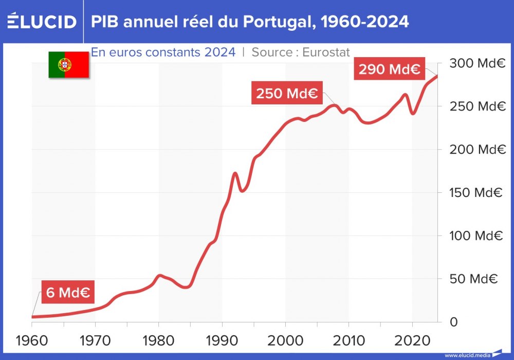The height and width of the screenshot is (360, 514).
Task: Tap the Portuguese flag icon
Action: [x=68, y=65]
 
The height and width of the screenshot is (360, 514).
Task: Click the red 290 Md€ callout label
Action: [x=389, y=69]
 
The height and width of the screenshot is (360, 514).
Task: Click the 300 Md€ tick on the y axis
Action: [x=475, y=64]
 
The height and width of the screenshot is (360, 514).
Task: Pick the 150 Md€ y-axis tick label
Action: [x=475, y=193]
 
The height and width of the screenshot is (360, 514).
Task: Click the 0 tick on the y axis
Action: [x=453, y=322]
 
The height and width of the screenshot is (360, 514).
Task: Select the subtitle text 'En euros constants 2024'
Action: [x=163, y=52]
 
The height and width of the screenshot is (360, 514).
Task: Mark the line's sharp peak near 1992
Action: [x=235, y=173]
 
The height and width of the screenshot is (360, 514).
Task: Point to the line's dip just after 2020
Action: [x=413, y=113]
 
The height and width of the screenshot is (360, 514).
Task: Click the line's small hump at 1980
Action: [x=159, y=276]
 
